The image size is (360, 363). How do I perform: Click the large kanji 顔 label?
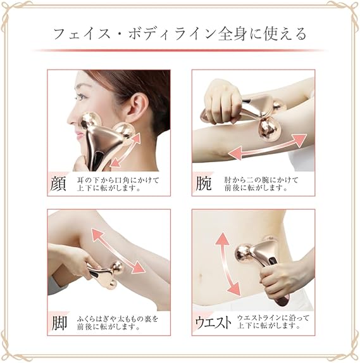[x=58, y=184]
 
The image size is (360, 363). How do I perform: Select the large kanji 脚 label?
[x=59, y=324]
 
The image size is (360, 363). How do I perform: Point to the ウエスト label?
[x=213, y=322]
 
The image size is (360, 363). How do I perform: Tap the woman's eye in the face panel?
[x=80, y=97]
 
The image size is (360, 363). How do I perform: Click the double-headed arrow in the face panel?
[x=125, y=150]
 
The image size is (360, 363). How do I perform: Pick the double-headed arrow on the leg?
[x=118, y=251]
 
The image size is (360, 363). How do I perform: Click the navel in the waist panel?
[x=200, y=276]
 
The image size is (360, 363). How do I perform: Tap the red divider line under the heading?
[x=180, y=50]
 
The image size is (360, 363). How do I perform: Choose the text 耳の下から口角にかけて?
[x=118, y=180]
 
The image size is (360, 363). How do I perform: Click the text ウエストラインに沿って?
[x=273, y=318]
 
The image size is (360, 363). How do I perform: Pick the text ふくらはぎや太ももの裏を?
[x=118, y=319]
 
